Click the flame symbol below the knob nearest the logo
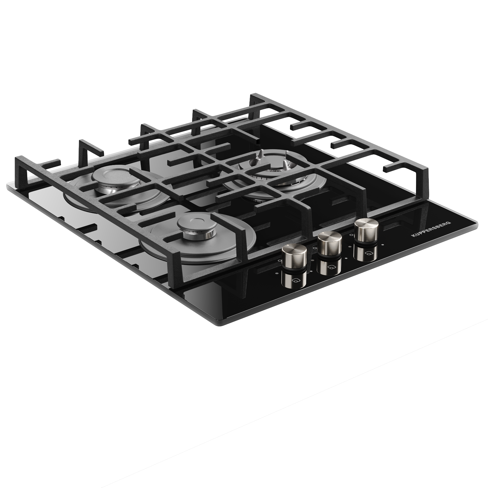(x=368, y=253)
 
